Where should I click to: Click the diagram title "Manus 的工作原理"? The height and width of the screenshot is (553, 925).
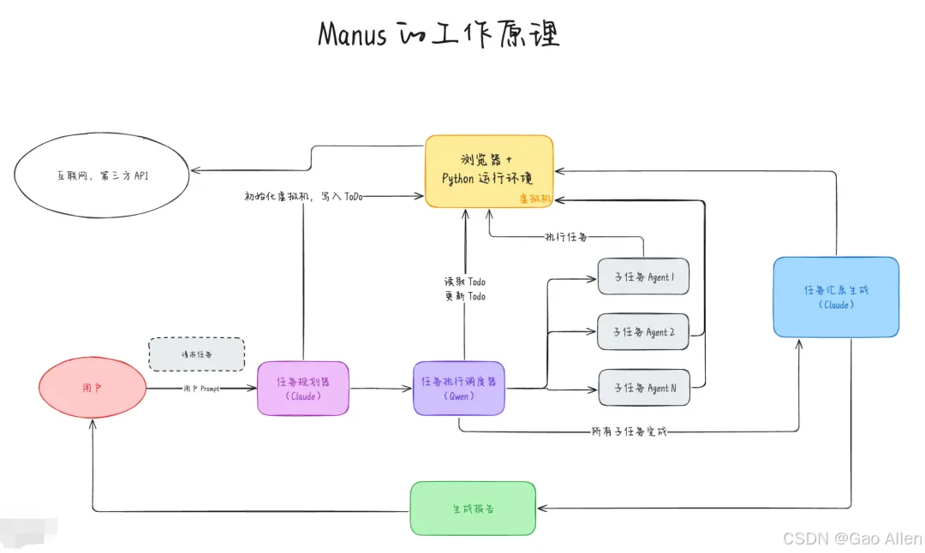point(438,35)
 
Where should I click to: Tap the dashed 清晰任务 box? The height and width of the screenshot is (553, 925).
point(196,354)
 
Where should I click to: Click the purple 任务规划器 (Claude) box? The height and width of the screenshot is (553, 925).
point(303,389)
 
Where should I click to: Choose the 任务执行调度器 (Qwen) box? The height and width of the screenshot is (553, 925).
point(459,389)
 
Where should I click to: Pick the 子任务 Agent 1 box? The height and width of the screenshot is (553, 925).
point(643,276)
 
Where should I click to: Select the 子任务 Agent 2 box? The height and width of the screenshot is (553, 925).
point(643,332)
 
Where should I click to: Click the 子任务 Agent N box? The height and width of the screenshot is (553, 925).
point(643,388)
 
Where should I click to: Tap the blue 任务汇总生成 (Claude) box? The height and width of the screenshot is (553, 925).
point(836,297)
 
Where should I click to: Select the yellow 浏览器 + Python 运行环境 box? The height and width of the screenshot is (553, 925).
point(489,170)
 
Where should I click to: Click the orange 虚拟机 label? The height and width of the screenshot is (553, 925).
point(534,199)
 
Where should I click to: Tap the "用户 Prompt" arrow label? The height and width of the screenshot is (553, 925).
point(202,389)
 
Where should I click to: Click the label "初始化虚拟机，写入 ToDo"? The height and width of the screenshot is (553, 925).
point(303,196)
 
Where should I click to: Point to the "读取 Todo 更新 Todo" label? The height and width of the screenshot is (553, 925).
point(464,289)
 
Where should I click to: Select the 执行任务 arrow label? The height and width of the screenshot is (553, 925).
point(566,236)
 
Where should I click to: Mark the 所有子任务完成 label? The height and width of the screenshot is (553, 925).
point(629,431)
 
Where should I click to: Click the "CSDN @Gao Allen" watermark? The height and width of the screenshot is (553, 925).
point(852,538)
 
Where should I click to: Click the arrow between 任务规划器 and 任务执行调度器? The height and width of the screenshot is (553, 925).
point(381,389)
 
